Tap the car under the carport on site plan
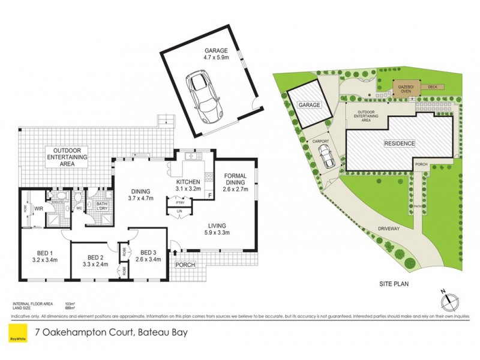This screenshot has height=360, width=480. pyautogui.click(x=327, y=158)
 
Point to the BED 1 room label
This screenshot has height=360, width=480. pyautogui.click(x=44, y=257)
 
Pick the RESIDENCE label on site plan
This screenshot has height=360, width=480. pyautogui.click(x=399, y=143)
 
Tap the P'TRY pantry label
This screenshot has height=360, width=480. pyautogui.click(x=179, y=202)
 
